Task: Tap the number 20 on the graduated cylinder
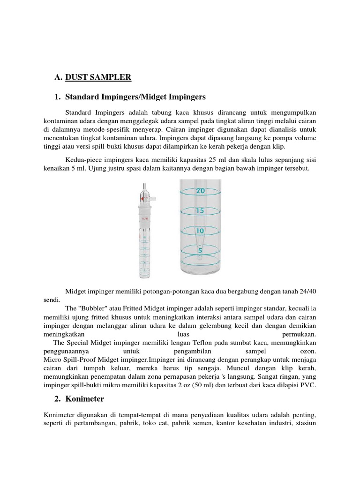coord(200,191)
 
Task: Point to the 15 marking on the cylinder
coord(200,211)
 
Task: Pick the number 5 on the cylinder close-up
coord(200,250)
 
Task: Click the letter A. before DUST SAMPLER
coord(58,77)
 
